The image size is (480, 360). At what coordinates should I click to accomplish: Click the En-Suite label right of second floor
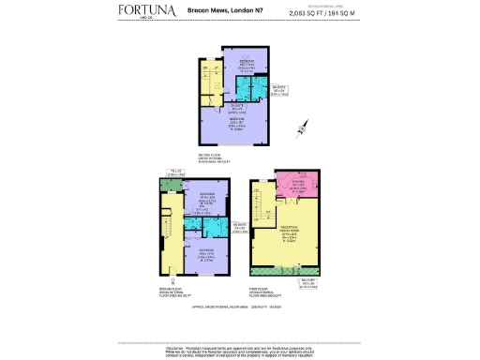(x=277, y=92)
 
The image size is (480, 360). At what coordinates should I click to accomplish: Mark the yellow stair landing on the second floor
(x=210, y=82)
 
